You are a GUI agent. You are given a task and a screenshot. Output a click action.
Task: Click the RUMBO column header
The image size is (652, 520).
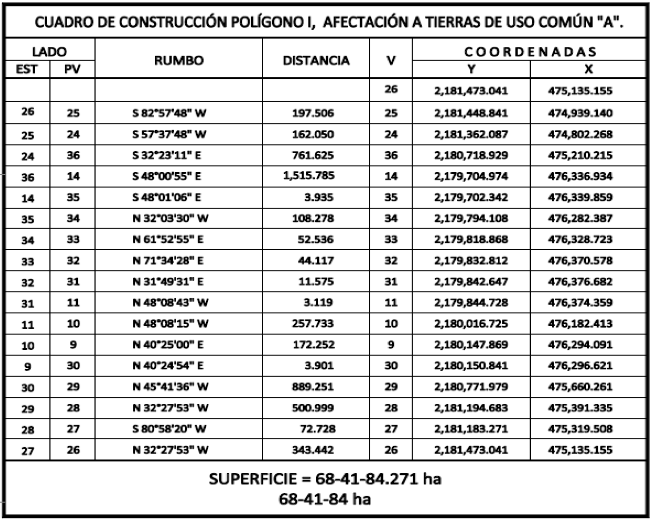click(x=179, y=60)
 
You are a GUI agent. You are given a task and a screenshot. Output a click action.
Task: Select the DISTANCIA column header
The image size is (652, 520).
click(x=316, y=60)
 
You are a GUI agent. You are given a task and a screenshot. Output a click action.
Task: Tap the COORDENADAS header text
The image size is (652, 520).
click(x=529, y=52)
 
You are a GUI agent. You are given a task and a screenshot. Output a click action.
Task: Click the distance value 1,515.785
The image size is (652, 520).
click(x=308, y=176)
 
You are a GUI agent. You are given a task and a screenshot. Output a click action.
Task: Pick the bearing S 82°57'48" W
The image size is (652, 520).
click(x=169, y=113)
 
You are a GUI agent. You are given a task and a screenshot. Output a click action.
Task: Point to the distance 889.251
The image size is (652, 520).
click(x=313, y=387)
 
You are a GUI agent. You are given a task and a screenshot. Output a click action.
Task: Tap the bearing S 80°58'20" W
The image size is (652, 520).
click(x=169, y=429)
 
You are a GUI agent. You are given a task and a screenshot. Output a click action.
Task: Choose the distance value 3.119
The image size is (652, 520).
click(x=318, y=303)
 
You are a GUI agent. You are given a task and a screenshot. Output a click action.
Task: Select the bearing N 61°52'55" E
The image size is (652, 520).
click(x=168, y=239)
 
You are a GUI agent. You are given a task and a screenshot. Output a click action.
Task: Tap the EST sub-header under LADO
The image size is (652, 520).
click(x=27, y=70)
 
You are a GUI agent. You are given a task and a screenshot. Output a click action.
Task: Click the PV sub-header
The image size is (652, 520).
click(x=72, y=70)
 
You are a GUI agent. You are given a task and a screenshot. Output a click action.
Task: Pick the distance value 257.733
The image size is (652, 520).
click(x=313, y=323)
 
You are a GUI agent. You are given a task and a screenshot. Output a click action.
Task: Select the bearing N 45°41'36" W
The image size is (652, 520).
click(x=170, y=387)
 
